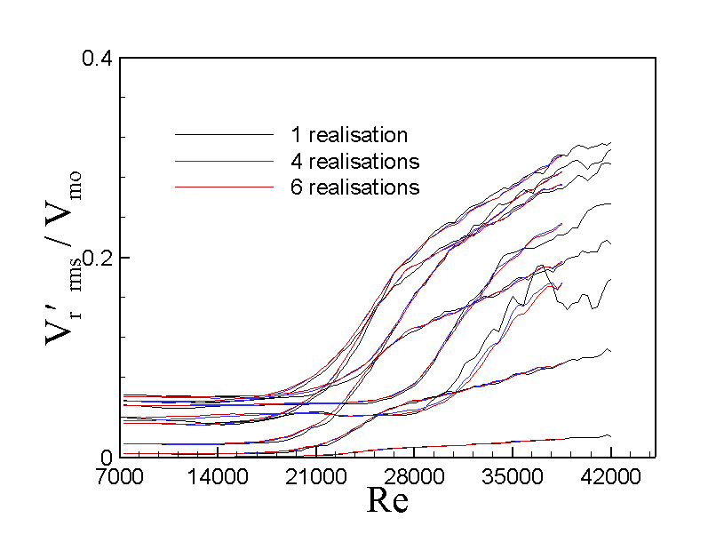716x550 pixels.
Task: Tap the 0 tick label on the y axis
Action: (x=106, y=457)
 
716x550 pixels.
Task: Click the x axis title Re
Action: (x=387, y=501)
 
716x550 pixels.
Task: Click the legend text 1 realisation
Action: (x=348, y=136)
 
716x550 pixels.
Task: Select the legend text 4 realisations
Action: (x=354, y=162)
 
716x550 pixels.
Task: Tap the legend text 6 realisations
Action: (x=354, y=187)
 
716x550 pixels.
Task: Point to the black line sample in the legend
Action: (x=224, y=135)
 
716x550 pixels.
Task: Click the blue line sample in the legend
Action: (x=224, y=161)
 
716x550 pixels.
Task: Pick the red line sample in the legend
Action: (x=224, y=187)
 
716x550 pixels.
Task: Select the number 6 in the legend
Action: (x=295, y=187)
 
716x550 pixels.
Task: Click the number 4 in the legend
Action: (x=295, y=162)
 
